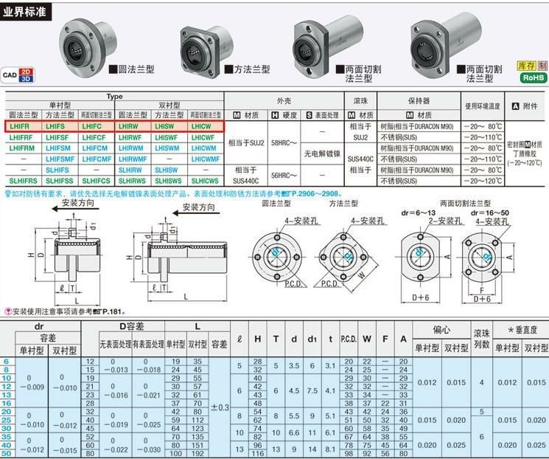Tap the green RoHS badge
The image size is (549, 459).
(533, 77)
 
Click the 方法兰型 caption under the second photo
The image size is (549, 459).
(252, 69)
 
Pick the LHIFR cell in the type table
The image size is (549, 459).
(22, 126)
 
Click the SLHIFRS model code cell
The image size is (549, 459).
(22, 179)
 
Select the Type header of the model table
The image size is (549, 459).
(113, 97)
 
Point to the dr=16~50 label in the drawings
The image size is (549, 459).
(483, 212)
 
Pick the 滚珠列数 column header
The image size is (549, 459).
(481, 339)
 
